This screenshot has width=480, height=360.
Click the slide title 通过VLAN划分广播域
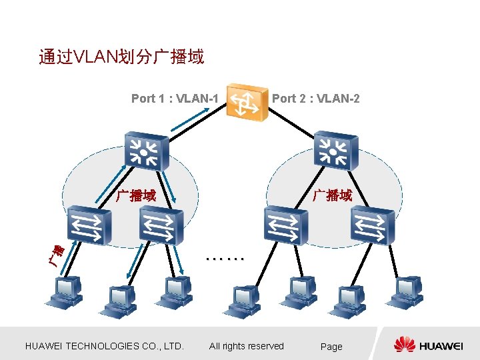pos(121,57)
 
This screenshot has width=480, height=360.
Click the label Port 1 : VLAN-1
pos(175,99)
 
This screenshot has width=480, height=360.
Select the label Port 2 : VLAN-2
pos(315,99)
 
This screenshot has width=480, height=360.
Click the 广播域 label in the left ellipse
pos(137,196)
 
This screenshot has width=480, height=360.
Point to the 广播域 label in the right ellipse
pos(333,195)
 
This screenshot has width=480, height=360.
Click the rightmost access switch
pos(373,225)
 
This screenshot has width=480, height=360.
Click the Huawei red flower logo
pos(405,344)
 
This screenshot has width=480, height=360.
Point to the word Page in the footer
pos(331,347)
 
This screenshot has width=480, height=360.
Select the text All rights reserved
pos(247,346)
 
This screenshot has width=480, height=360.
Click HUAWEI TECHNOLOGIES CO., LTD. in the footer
pos(104,346)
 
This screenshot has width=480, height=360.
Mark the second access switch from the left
pos(158,224)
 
